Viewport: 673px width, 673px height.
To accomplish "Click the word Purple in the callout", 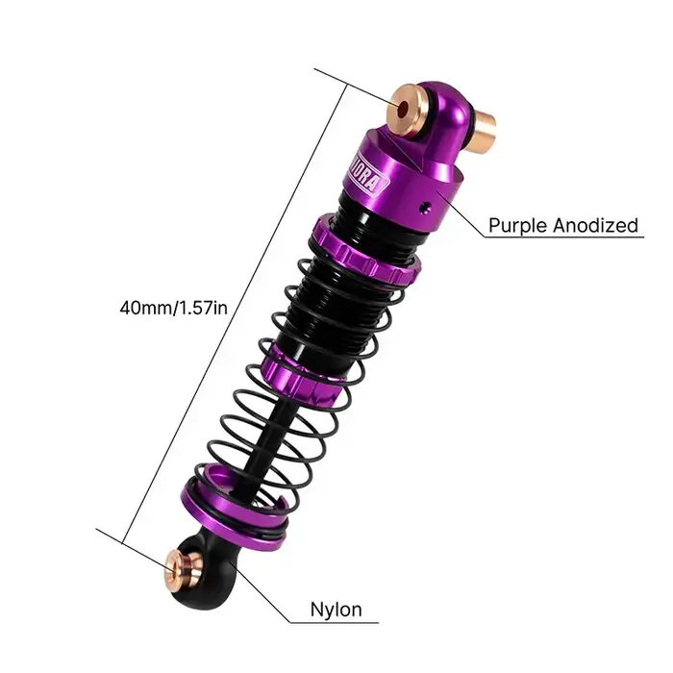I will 516,226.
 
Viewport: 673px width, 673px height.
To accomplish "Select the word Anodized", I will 594,226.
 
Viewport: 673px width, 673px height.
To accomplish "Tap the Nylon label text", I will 336,609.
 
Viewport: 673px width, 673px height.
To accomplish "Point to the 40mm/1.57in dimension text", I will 174,308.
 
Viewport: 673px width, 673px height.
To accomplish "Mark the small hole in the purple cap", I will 426,204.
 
